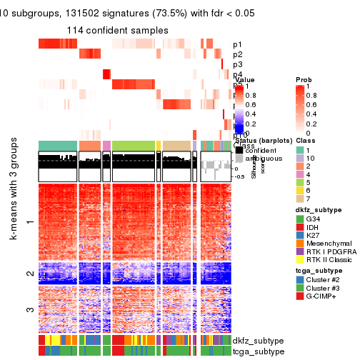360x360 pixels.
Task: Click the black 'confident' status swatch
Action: (x=239, y=149)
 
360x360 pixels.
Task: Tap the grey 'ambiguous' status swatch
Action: (x=239, y=158)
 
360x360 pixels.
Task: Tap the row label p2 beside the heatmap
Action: (x=238, y=54)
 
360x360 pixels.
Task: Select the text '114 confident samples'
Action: (x=118, y=30)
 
